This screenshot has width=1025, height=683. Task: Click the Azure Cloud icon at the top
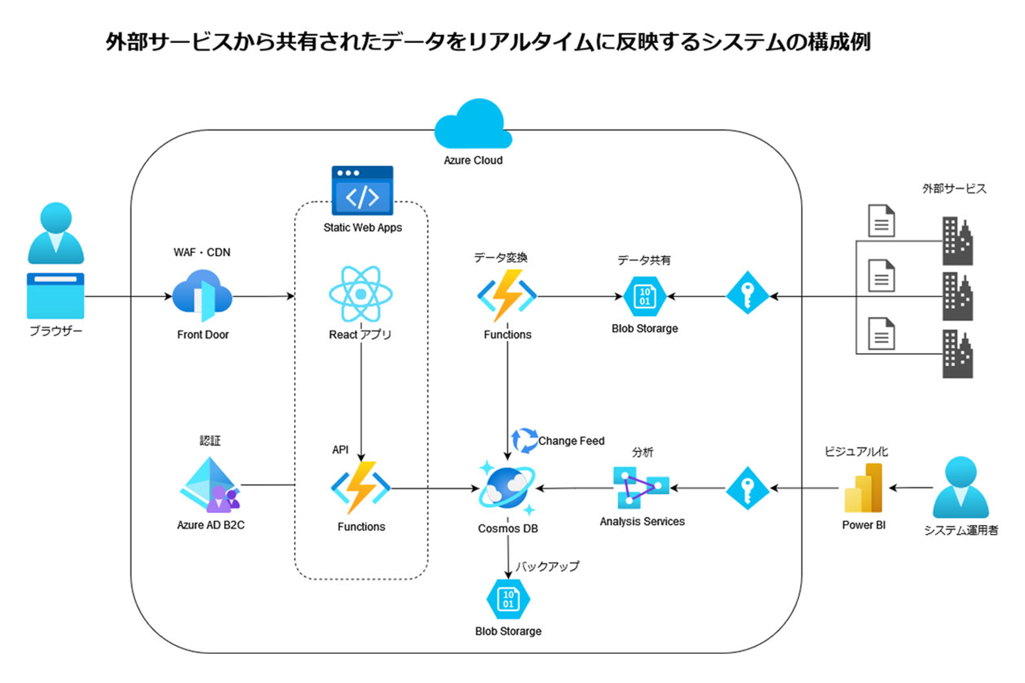pyautogui.click(x=473, y=124)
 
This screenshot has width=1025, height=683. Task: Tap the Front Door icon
pyautogui.click(x=202, y=296)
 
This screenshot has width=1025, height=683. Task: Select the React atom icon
pyautogui.click(x=360, y=294)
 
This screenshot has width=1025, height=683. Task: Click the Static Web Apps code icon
pyautogui.click(x=362, y=191)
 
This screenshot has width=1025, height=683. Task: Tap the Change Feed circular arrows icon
pyautogui.click(x=524, y=440)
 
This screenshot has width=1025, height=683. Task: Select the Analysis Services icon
pyautogui.click(x=641, y=487)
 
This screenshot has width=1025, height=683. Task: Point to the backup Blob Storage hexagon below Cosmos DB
pyautogui.click(x=508, y=599)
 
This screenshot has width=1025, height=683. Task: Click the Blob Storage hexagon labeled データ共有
pyautogui.click(x=644, y=296)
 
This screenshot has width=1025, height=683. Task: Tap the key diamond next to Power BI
pyautogui.click(x=747, y=488)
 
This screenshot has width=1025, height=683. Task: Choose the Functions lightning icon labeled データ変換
pyautogui.click(x=507, y=296)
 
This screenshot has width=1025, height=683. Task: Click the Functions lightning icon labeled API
pyautogui.click(x=360, y=488)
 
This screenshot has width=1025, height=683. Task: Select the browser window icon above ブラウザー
pyautogui.click(x=55, y=296)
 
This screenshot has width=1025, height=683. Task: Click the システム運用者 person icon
pyautogui.click(x=960, y=487)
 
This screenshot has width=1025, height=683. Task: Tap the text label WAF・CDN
pyautogui.click(x=202, y=252)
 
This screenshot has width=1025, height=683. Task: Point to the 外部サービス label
pyautogui.click(x=954, y=189)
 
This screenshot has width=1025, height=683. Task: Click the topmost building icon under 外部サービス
pyautogui.click(x=957, y=241)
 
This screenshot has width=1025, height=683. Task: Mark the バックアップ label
pyautogui.click(x=547, y=566)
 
